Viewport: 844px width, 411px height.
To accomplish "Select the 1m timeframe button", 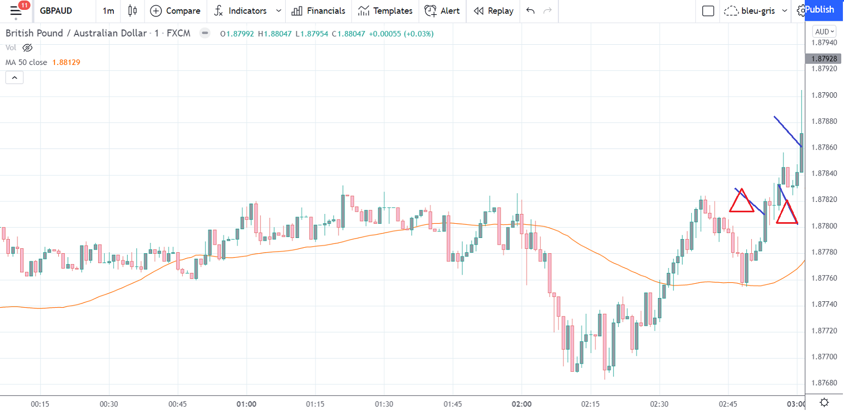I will [108, 11].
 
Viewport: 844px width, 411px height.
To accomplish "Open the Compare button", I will [175, 11].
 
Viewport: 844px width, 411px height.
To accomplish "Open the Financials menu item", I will [318, 11].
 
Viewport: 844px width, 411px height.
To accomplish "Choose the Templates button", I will [385, 11].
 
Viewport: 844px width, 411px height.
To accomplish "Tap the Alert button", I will [442, 11].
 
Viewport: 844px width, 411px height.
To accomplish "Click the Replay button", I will [493, 11].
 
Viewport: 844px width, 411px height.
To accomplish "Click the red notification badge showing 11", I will [23, 5].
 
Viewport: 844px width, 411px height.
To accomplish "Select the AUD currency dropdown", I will [824, 32].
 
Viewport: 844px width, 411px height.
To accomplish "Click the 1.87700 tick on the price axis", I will [824, 357].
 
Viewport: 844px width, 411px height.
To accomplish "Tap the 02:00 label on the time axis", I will [522, 404].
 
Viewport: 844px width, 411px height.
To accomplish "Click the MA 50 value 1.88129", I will [67, 62].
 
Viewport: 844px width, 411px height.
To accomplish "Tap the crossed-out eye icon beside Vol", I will [27, 47].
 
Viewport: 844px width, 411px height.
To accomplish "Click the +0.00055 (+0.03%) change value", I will [401, 34].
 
